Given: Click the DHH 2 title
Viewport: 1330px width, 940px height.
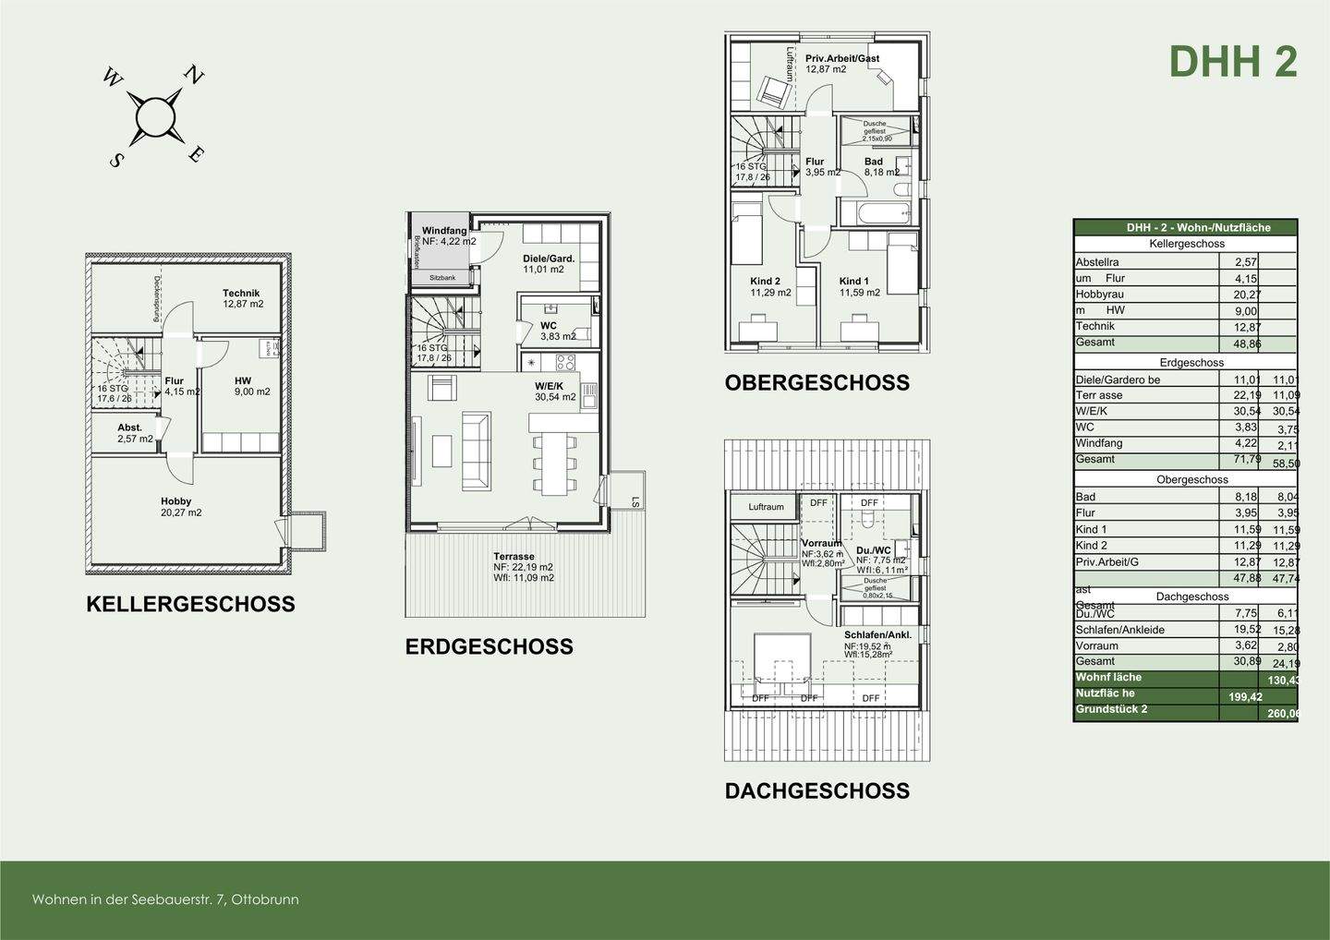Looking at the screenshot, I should (1233, 62).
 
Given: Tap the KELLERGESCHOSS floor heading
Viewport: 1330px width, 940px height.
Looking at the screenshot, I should (190, 605).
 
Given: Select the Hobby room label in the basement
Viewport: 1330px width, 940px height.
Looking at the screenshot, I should (175, 501).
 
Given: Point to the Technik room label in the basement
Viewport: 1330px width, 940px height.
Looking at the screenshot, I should (241, 293).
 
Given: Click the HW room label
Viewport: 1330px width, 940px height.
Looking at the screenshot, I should (243, 380).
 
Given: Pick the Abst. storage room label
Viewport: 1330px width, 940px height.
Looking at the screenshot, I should (130, 428).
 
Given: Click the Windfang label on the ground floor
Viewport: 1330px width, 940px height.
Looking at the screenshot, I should (444, 231).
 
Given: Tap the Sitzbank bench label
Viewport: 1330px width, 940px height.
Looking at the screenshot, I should (442, 277).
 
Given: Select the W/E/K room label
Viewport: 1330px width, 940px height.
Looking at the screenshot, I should (549, 386).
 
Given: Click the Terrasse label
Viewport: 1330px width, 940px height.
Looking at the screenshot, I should (514, 557).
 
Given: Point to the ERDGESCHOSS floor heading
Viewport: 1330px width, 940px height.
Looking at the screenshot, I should (490, 647).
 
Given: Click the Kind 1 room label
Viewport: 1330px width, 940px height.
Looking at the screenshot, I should (854, 282).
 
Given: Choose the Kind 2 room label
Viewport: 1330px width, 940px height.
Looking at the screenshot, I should (766, 282).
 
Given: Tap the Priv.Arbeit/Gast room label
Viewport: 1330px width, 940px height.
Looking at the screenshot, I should (842, 58).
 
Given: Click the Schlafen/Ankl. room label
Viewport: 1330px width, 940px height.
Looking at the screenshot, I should (877, 635).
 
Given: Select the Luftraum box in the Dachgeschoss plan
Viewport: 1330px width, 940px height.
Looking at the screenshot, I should (766, 507).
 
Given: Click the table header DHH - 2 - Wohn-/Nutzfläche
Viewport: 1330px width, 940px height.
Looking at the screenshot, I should (1185, 227).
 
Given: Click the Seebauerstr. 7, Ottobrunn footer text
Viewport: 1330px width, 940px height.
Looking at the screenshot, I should (165, 899).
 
